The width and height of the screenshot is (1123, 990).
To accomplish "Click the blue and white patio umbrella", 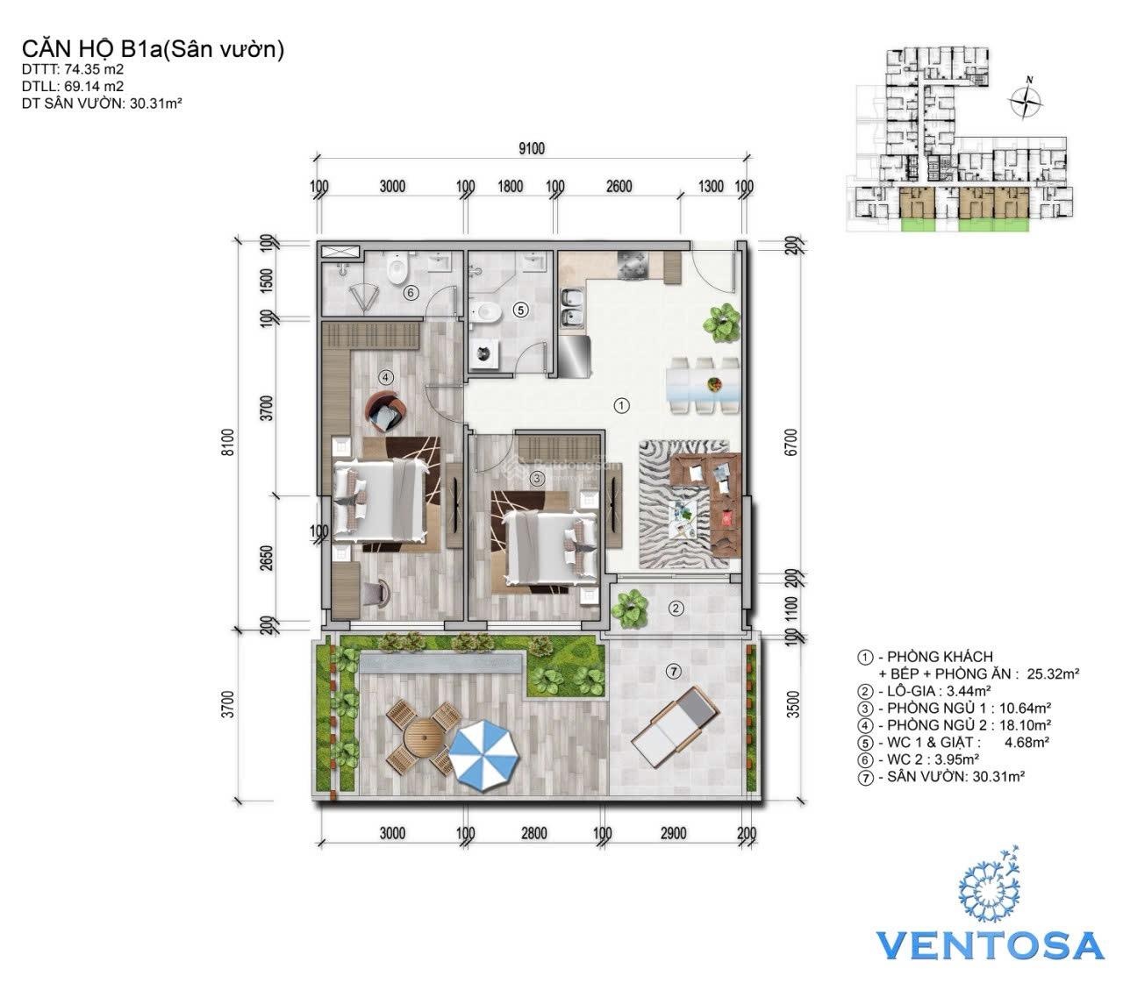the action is [483, 755].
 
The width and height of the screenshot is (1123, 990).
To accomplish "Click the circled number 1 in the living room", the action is [621, 406].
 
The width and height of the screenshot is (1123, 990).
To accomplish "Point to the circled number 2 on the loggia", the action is [676, 609].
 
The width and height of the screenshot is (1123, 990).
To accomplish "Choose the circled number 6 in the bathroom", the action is [411, 293].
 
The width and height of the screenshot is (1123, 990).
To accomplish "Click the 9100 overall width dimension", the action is [531, 148].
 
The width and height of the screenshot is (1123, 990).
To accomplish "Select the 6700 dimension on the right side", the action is [791, 442].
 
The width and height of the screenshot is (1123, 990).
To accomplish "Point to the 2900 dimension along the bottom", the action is [673, 833].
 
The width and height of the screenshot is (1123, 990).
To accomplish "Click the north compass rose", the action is [1026, 101].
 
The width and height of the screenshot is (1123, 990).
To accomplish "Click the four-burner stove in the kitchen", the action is [633, 265].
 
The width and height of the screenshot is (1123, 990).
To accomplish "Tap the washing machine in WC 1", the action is [485, 353].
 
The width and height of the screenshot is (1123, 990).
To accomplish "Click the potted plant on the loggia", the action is [630, 609].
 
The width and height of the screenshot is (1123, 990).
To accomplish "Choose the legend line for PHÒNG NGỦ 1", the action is [954, 708].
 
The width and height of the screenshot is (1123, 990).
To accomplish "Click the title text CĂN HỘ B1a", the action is [91, 49].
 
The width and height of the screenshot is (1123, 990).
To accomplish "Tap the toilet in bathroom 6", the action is [397, 268].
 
